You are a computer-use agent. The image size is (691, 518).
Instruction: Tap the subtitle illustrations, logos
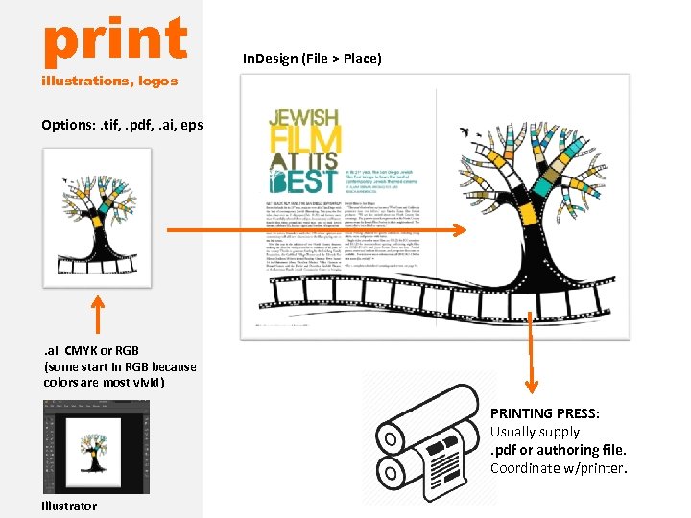pos(109,81)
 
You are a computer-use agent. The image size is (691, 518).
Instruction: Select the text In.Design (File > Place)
pos(312,59)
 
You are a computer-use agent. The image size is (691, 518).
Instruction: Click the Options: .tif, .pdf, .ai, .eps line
pos(122,125)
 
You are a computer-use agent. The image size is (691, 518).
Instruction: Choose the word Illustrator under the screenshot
pos(69,506)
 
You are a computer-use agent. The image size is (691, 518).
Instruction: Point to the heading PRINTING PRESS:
pos(544,413)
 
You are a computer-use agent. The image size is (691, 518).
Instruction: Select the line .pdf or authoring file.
pos(558,450)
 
